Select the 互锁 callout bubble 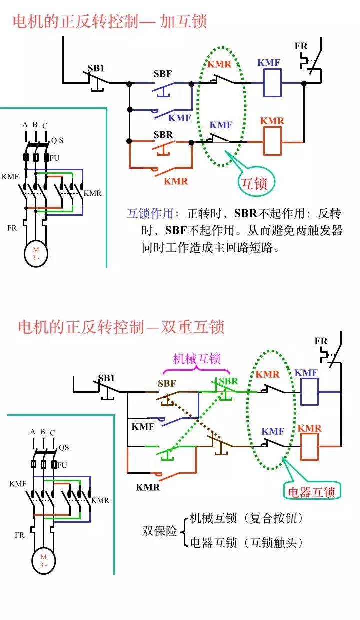tap(255, 183)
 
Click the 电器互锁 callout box tap(313, 491)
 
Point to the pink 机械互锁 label tap(196, 358)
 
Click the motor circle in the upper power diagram tap(36, 253)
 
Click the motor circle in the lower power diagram tap(44, 560)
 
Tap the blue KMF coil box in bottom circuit tap(309, 392)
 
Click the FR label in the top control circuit tap(301, 46)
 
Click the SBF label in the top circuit tap(163, 74)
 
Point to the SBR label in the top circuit tap(163, 135)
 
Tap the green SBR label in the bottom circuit tap(228, 381)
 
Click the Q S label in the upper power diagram tap(57, 141)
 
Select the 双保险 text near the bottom tap(159, 531)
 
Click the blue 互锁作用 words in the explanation tap(150, 214)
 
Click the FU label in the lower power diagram tap(62, 465)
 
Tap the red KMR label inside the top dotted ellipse tap(219, 64)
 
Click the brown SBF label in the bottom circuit tap(167, 384)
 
